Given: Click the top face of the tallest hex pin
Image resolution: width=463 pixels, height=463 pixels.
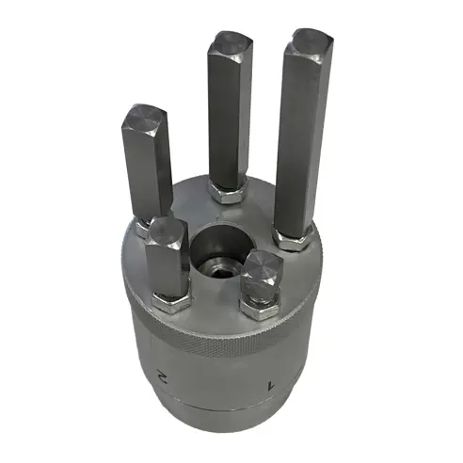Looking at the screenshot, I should tap(311, 43).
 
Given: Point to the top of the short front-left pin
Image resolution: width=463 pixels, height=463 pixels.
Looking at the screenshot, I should tap(166, 229).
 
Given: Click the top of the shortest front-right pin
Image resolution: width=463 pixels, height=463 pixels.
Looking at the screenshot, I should tap(263, 265).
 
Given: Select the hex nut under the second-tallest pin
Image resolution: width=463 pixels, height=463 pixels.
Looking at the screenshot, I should tap(228, 193).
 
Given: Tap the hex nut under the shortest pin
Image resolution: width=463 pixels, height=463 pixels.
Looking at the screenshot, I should tap(259, 306).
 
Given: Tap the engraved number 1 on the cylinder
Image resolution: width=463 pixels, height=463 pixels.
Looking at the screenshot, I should tap(272, 384).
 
